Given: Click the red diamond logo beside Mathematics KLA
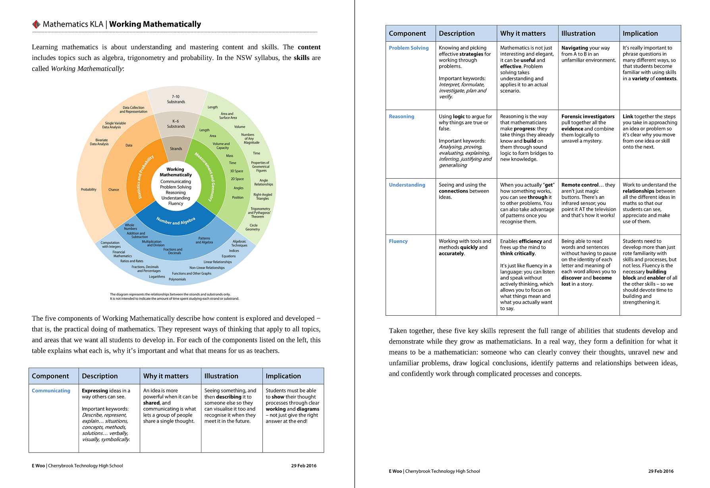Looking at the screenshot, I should tap(36, 24).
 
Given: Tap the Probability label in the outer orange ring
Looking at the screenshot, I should tap(89, 190).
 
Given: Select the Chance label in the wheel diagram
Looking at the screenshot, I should tap(114, 190).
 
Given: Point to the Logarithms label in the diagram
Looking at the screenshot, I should tap(157, 277).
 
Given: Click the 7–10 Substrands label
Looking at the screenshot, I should tap(176, 99).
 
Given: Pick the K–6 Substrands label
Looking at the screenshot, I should tap(176, 124).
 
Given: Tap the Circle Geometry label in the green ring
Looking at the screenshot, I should tap(253, 228).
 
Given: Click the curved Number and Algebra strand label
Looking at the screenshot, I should tap(176, 221).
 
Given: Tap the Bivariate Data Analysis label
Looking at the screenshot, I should tap(99, 142).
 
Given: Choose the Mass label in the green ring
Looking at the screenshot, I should tap(230, 156).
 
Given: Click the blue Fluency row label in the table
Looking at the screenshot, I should tap(398, 241).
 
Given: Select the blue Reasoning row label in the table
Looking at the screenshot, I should tap(401, 117).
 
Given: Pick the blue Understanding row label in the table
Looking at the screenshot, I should tap(407, 185).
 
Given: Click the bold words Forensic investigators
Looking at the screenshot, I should tap(588, 117).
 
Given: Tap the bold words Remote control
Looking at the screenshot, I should tap(580, 185).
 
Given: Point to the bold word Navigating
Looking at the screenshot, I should tap(575, 48).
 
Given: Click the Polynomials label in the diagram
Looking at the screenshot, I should tap(177, 280).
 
